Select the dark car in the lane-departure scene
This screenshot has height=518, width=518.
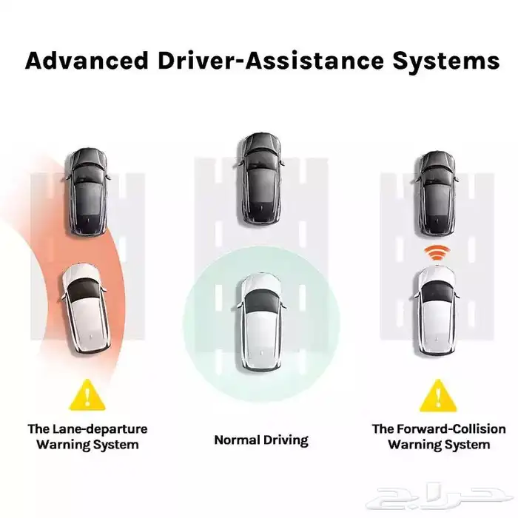click(87, 190)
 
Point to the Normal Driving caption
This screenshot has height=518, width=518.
click(261, 440)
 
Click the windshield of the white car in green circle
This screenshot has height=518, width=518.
click(260, 300)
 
